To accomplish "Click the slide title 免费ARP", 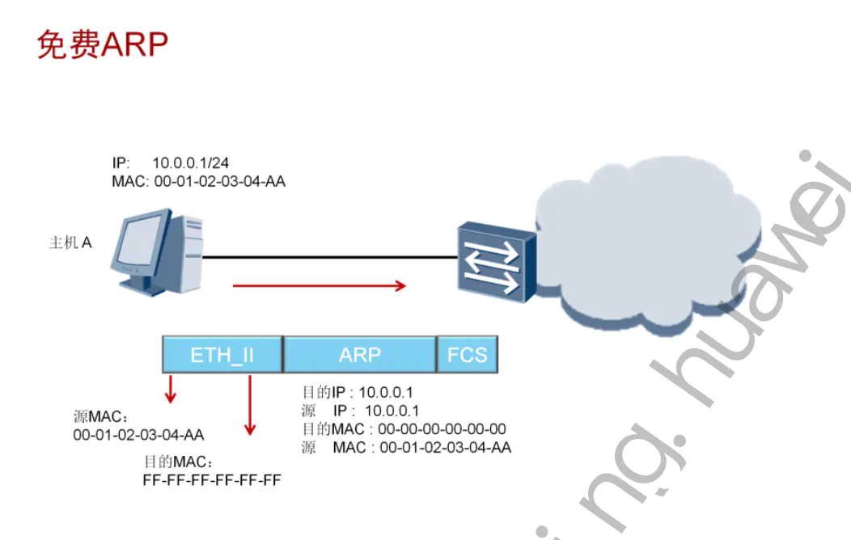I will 102,44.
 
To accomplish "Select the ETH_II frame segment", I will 222,355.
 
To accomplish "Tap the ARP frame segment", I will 360,355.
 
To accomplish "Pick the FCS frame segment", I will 467,355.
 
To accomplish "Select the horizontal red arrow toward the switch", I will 319,285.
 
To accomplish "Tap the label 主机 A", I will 70,243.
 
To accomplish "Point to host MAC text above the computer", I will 198,182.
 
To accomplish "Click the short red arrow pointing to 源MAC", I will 170,388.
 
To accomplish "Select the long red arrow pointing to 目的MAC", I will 250,404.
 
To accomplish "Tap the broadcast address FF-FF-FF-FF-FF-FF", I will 211,480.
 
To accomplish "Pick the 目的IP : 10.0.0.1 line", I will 357,393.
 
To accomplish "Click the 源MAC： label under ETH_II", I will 100,418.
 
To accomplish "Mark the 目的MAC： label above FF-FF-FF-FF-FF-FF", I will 178,463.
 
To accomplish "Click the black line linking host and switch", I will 324,257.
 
